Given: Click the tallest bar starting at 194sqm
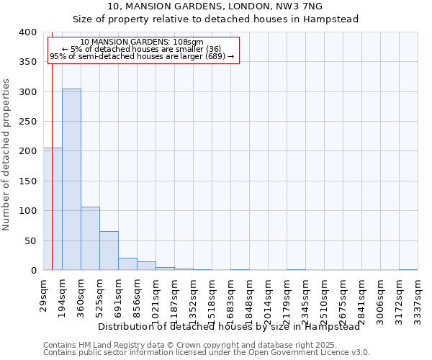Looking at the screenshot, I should pos(71,179).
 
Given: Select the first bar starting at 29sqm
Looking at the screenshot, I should pos(53,209).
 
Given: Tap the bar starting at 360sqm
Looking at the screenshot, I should pos(90,238).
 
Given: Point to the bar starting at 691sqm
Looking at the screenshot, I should pos(127,264).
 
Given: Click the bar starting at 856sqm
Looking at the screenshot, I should pos(146,266).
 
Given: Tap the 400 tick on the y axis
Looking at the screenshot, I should pos(28,32).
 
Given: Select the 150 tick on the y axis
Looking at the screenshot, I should pos(28,181).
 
